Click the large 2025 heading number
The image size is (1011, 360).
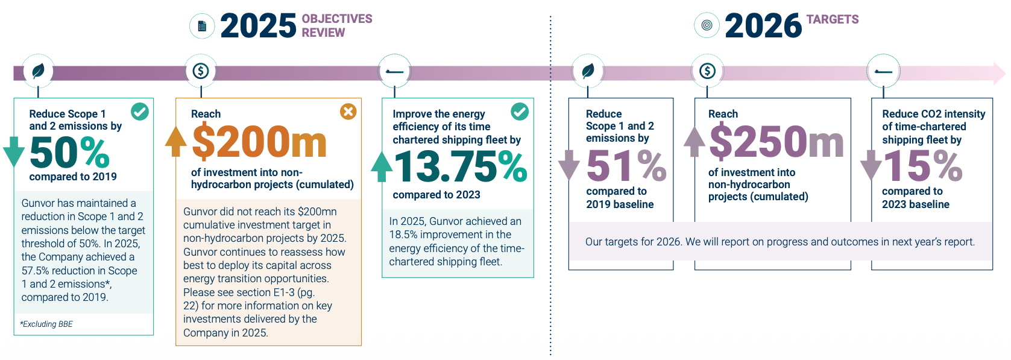(258, 26)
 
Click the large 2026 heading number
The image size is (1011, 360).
(763, 26)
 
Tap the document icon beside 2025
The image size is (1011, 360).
(202, 26)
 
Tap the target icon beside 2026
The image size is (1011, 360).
(707, 25)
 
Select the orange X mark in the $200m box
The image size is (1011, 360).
(348, 111)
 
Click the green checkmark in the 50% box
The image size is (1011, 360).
(140, 111)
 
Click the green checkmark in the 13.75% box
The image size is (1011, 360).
(520, 111)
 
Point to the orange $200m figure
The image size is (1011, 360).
(259, 142)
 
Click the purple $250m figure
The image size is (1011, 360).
(776, 142)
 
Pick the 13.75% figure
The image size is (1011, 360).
(461, 167)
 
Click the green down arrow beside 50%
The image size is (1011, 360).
(13, 151)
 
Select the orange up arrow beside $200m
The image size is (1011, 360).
(176, 141)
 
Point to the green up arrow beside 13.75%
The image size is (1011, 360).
(382, 166)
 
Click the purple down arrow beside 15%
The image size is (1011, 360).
(871, 165)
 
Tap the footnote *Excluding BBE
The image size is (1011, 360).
(46, 324)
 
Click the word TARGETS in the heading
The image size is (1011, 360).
(833, 19)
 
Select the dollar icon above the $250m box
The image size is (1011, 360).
(707, 71)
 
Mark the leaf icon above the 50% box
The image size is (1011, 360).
(39, 71)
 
